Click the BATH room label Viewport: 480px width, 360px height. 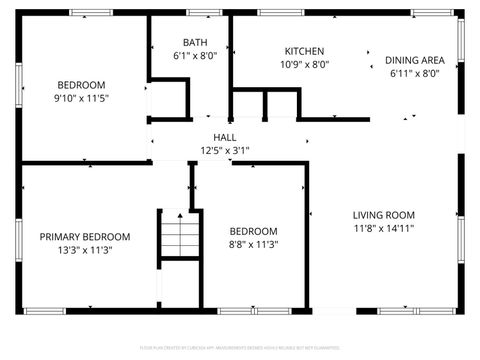click(x=194, y=43)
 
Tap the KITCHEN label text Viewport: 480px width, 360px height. click(x=304, y=51)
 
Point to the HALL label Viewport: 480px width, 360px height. click(x=224, y=137)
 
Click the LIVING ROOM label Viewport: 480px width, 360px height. click(x=383, y=215)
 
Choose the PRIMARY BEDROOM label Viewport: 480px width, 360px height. click(x=76, y=237)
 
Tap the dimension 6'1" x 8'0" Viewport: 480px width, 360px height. click(x=194, y=56)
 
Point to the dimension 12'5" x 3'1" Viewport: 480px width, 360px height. click(x=224, y=150)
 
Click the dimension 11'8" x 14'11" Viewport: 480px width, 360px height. click(x=383, y=228)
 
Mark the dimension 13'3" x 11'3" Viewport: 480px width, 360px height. click(x=76, y=250)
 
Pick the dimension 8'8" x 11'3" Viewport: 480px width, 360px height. click(x=254, y=244)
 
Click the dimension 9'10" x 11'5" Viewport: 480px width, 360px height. click(x=81, y=98)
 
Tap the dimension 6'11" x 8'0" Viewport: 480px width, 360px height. click(x=413, y=73)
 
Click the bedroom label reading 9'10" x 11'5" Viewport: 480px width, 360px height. click(x=81, y=85)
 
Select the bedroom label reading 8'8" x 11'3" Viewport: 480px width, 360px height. click(x=254, y=231)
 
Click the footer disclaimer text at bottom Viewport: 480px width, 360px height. click(x=240, y=348)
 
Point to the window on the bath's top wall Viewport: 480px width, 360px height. click(x=205, y=12)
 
